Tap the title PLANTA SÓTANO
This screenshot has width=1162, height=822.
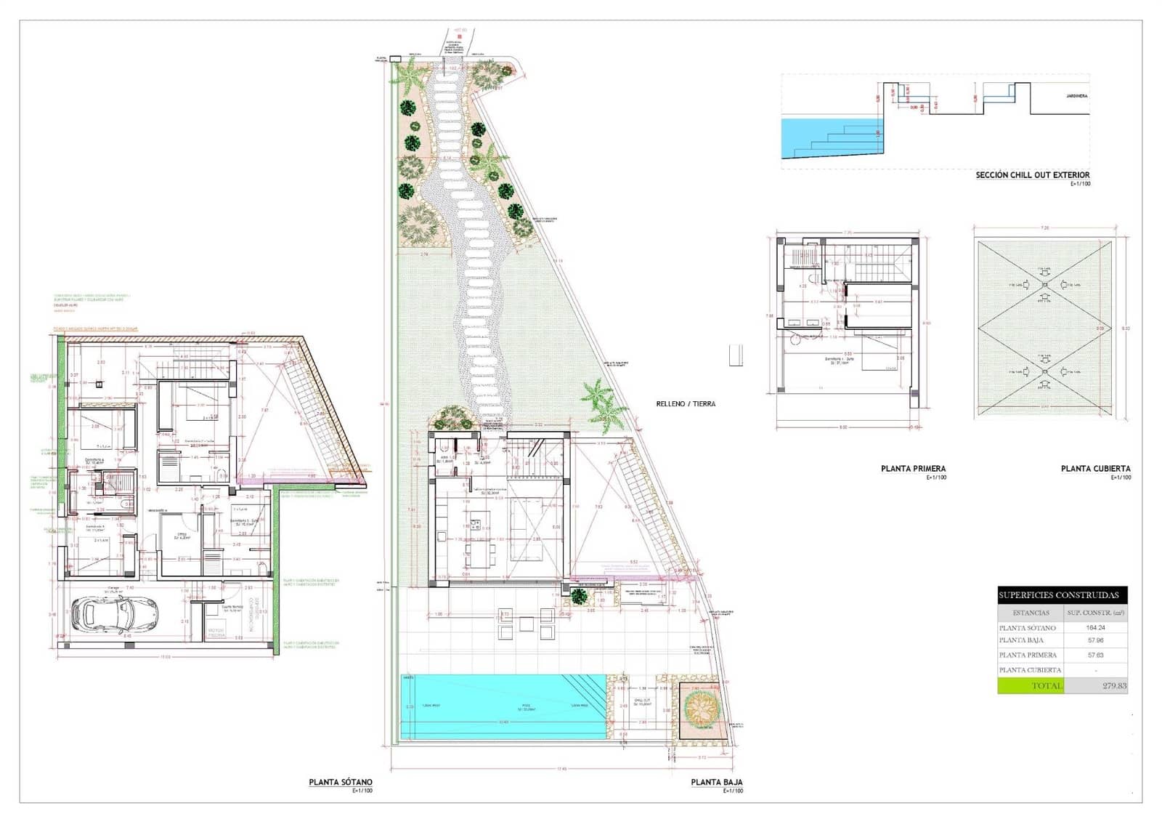[341, 783]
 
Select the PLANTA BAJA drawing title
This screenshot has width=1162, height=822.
[716, 783]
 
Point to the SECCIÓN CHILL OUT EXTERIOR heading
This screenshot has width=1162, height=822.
[1032, 175]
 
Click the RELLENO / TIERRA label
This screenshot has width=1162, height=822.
[686, 403]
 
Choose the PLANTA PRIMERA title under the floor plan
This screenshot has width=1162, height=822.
[913, 469]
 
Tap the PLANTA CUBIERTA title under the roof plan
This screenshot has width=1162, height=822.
[1095, 469]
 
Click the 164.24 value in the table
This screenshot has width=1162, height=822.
[1094, 627]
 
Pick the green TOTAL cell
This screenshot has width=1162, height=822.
[1031, 685]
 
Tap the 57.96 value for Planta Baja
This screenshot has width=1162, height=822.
[1094, 640]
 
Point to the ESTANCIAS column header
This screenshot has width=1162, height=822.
[1031, 613]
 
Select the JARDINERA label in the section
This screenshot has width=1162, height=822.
[1076, 95]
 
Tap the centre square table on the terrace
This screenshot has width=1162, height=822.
[525, 622]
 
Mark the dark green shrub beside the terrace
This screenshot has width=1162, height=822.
[578, 597]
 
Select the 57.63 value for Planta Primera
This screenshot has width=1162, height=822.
[1094, 655]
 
